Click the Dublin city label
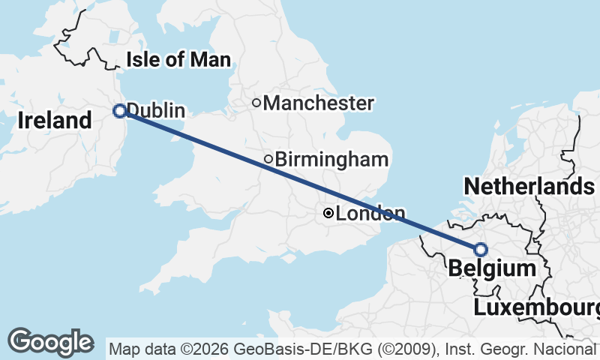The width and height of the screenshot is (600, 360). coord(155,110)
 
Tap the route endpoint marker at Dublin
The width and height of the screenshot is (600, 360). coord(119,111)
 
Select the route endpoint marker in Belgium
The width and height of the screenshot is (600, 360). coord(480,250)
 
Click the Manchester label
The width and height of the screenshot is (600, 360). coord(318,103)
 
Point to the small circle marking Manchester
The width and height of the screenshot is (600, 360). coord(256,103)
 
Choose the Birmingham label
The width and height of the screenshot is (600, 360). coord(331,159)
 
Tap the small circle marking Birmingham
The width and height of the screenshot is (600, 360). coord(268,159)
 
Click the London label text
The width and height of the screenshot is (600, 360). coord(370,214)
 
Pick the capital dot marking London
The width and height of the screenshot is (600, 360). coord(328,214)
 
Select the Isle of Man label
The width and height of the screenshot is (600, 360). coord(178,60)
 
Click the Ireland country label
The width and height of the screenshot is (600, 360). coord(54,120)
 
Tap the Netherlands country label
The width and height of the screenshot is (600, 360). coord(529,186)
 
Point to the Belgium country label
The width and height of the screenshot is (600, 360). coord(491,268)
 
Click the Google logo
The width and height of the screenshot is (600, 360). coord(50,342)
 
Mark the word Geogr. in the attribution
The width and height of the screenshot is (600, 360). coord(495,349)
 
